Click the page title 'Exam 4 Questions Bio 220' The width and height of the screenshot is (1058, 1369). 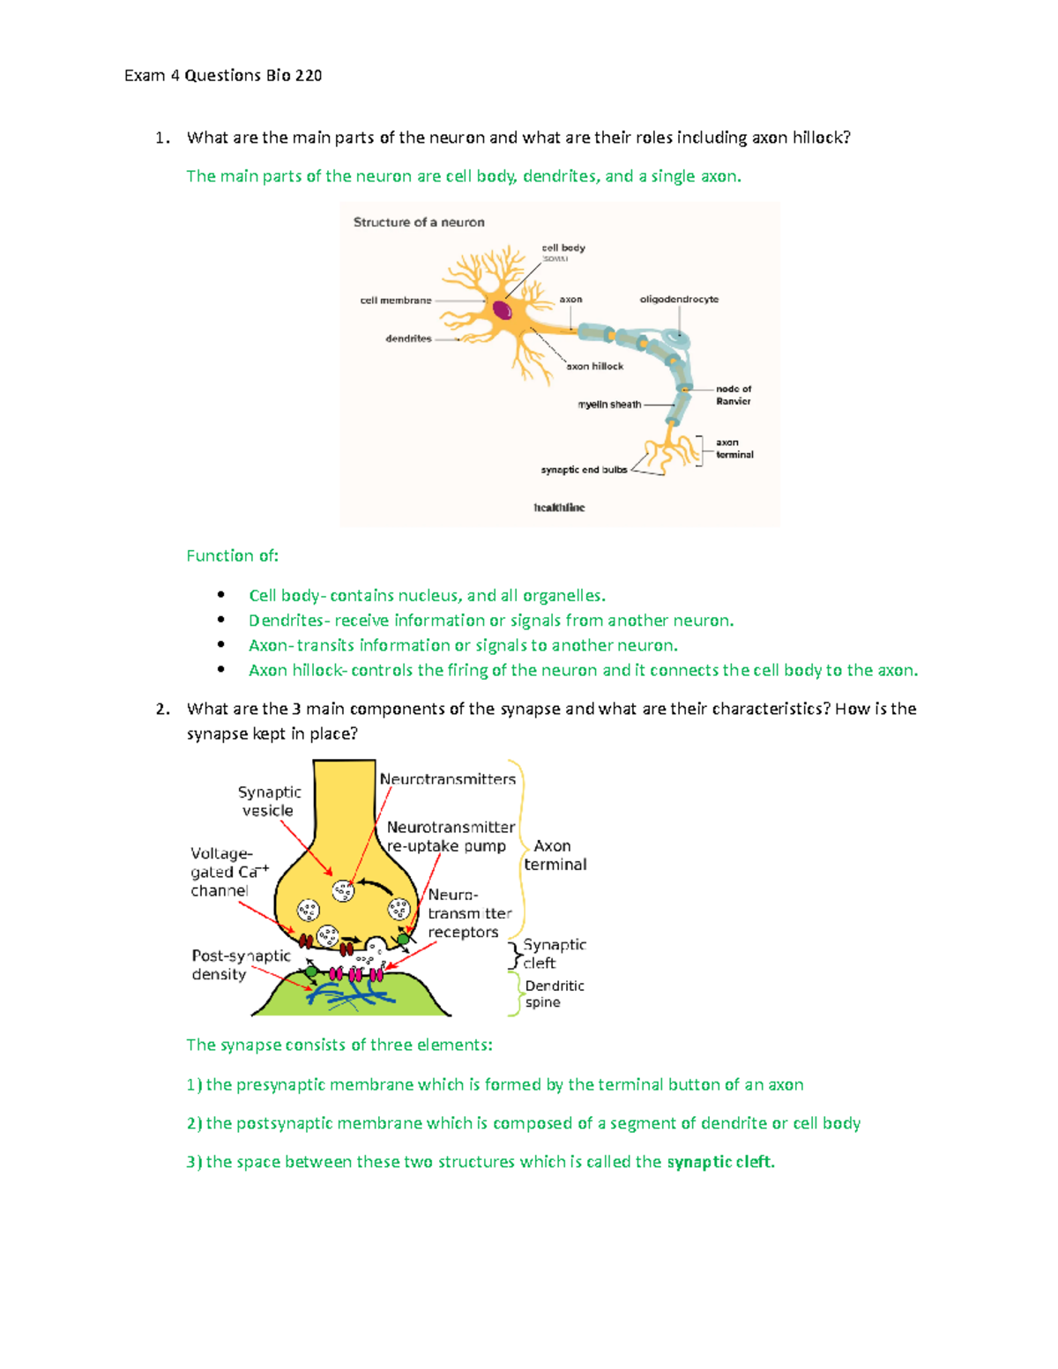coord(222,76)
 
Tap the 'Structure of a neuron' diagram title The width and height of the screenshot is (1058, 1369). coord(419,222)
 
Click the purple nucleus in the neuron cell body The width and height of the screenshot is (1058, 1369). coord(502,310)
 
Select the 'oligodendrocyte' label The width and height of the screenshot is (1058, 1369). coord(679,300)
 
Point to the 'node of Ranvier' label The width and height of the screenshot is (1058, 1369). coord(733,395)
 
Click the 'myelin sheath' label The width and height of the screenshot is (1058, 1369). coord(609,405)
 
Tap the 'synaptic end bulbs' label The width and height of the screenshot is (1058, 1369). coord(584,470)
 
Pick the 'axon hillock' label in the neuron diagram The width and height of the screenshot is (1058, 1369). coord(594,367)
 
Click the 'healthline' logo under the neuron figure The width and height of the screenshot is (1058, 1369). coord(559,508)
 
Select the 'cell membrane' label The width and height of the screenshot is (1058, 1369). coord(396,301)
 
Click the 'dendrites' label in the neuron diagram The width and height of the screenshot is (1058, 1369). coord(408,339)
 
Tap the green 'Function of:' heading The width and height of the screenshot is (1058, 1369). coord(232,556)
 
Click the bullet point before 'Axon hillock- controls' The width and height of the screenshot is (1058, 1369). coord(220,670)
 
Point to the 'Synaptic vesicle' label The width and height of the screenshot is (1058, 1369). coord(269,801)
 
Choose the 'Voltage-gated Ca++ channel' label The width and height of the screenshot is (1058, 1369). coord(225,872)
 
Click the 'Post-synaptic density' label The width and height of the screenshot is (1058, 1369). coord(240,965)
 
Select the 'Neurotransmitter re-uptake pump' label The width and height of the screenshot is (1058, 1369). coord(450,837)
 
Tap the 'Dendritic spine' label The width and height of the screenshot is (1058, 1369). coord(554,994)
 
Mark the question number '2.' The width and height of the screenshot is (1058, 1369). coord(162,710)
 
